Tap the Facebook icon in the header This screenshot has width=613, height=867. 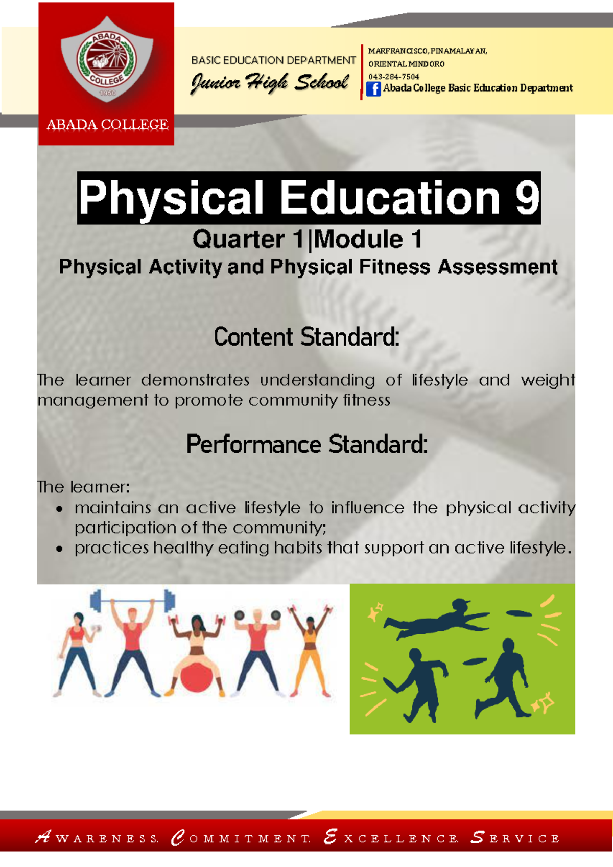pyautogui.click(x=373, y=89)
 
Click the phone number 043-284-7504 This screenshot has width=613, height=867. pyautogui.click(x=394, y=77)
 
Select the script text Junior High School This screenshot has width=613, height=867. pyautogui.click(x=270, y=83)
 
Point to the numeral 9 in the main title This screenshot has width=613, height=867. pyautogui.click(x=527, y=198)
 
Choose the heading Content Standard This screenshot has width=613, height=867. pyautogui.click(x=306, y=337)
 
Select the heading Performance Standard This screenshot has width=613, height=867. pyautogui.click(x=306, y=444)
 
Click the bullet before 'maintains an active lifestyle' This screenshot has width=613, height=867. pyautogui.click(x=60, y=509)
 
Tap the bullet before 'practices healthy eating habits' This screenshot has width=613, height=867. pyautogui.click(x=60, y=549)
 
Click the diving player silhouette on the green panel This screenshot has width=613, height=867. pyautogui.click(x=434, y=620)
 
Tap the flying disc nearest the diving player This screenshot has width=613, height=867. pyautogui.click(x=518, y=613)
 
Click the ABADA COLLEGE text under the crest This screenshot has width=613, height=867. pyautogui.click(x=107, y=125)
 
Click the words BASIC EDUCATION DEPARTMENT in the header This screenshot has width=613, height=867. pyautogui.click(x=273, y=60)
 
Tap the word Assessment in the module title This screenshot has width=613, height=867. pyautogui.click(x=498, y=267)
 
